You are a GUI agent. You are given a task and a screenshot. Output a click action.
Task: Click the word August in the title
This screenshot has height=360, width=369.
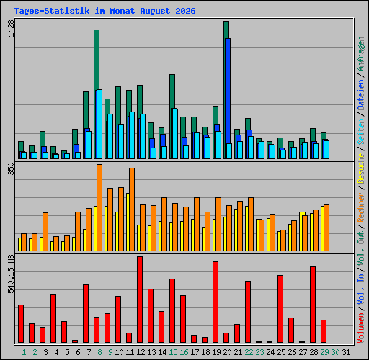[x=155, y=11]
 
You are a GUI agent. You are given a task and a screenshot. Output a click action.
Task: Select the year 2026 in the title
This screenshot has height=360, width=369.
[x=185, y=11]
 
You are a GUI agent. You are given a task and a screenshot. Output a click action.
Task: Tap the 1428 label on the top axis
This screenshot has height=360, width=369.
[x=11, y=28]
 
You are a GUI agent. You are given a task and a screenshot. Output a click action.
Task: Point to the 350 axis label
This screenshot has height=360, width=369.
[x=11, y=168]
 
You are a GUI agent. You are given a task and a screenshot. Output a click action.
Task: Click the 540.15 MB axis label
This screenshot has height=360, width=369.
[x=11, y=274]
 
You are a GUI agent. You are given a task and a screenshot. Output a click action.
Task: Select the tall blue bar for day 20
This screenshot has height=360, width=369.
[x=228, y=99]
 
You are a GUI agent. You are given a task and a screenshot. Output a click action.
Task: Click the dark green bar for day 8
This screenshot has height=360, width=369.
[x=97, y=60]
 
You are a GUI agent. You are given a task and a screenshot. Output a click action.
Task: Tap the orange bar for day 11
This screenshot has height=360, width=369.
[x=132, y=210]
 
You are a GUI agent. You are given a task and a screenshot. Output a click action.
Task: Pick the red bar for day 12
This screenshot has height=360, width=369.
[x=140, y=300]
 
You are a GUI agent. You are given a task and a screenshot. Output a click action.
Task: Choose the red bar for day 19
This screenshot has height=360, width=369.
[x=215, y=302]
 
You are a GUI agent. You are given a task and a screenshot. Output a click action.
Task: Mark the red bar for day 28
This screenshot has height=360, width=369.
[x=313, y=305]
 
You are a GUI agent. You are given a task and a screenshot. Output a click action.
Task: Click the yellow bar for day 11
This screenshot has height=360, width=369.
[x=128, y=222]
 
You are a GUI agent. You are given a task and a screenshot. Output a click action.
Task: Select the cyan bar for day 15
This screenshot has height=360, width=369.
[x=175, y=134]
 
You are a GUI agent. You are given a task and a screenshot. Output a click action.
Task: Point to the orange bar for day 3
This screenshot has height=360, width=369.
[x=45, y=232]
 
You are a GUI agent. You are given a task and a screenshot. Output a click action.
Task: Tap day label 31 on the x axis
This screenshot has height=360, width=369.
[x=346, y=352]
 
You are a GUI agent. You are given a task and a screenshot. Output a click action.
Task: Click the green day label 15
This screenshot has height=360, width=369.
[x=173, y=352]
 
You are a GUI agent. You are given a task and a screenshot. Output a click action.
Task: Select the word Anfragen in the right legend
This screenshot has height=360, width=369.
[x=361, y=54]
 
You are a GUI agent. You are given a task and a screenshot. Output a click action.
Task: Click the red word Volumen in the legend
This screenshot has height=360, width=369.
[x=361, y=328]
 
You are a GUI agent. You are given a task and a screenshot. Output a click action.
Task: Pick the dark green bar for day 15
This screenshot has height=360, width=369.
[x=172, y=91]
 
